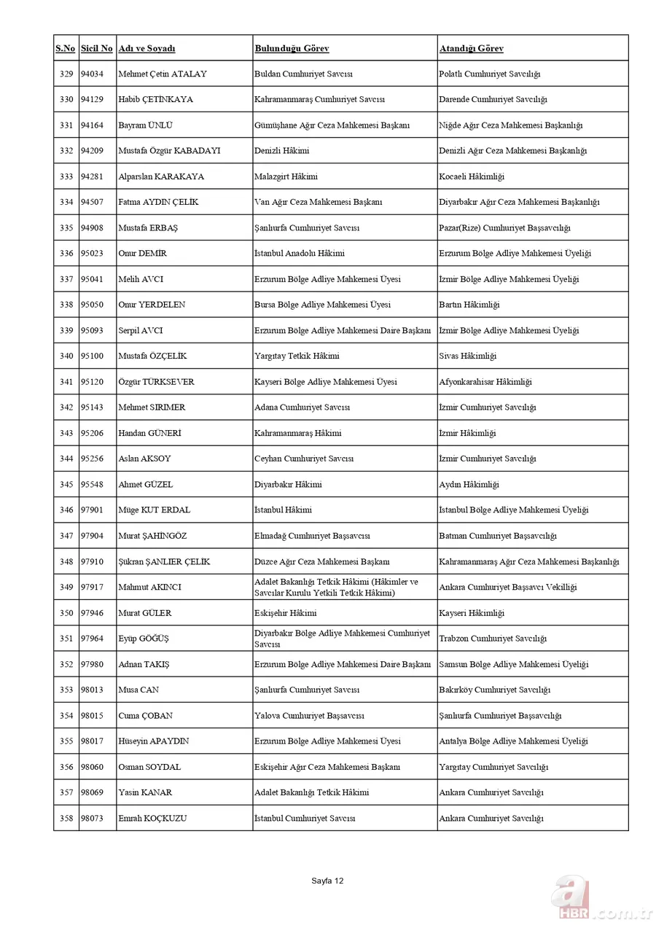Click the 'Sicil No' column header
pos(96,49)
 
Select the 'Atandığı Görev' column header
pos(471,49)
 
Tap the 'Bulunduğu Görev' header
pos(292,49)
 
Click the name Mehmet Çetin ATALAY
pos(163,74)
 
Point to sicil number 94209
pos(92,151)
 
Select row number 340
pos(66,356)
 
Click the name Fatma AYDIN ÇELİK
pos(158,202)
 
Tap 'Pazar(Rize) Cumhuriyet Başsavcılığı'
pos(504,228)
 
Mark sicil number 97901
pos(92,510)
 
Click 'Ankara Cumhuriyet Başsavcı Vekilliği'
pos(507,588)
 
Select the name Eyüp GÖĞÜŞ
pos(144,639)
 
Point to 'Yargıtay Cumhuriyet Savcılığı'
pos(493,767)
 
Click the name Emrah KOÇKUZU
pos(152,819)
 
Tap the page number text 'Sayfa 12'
pos(327,881)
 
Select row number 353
pos(66,690)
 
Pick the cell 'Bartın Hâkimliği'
pos(469,305)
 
